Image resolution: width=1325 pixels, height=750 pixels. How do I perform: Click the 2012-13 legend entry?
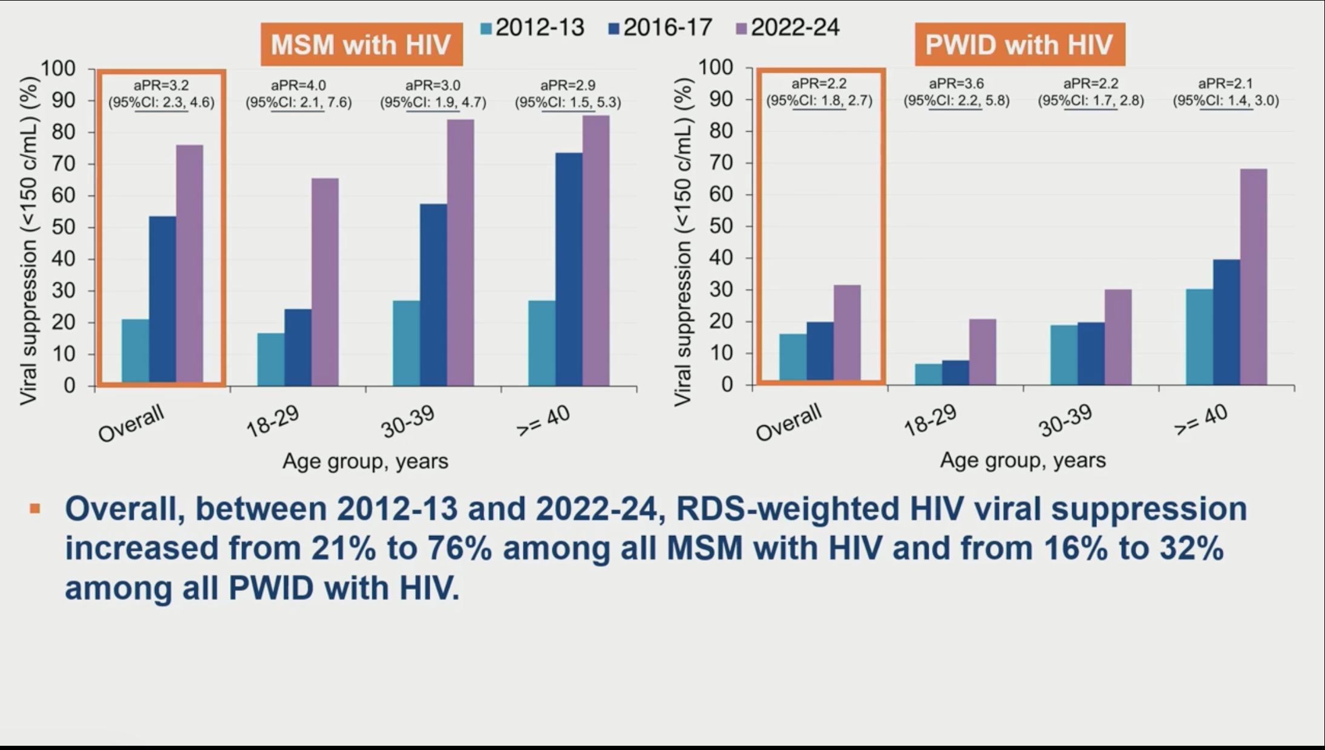[532, 28]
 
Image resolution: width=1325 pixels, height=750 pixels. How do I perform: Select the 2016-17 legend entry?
[661, 28]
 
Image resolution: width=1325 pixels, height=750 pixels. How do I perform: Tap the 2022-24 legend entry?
[788, 28]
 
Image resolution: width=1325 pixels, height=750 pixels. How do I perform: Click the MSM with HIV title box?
[361, 44]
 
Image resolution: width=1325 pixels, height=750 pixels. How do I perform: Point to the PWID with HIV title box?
[1019, 44]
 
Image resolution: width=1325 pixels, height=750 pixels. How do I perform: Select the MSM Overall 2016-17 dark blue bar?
[162, 299]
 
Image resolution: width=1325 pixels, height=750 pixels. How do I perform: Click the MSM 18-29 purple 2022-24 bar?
[325, 282]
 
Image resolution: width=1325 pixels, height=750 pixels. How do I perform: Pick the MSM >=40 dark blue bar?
[569, 269]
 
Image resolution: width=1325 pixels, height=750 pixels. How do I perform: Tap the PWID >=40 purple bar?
[1253, 276]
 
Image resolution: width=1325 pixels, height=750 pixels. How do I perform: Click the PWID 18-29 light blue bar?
[928, 374]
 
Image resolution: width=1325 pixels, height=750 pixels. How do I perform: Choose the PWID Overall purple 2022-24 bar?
[847, 333]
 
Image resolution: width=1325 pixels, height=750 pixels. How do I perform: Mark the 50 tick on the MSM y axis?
[64, 227]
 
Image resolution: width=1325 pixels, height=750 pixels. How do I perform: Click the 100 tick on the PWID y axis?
[716, 67]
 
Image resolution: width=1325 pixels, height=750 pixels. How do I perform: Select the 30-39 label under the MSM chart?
[408, 422]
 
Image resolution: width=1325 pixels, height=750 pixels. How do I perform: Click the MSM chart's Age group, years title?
[365, 461]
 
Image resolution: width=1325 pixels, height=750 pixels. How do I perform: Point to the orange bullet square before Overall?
[35, 509]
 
